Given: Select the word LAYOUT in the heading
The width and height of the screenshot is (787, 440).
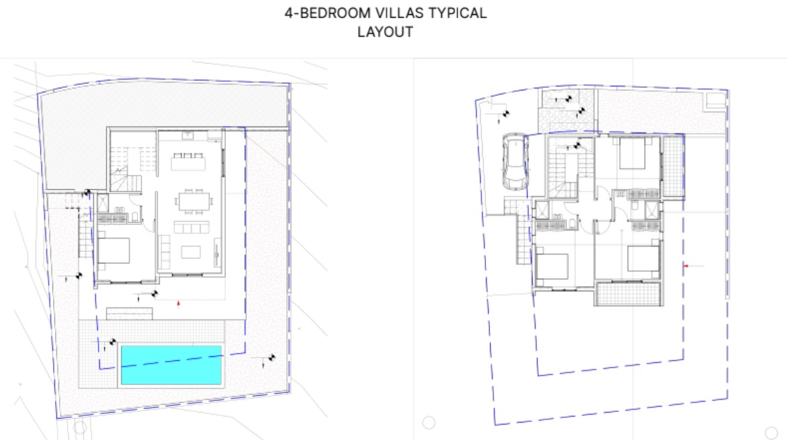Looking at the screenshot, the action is pyautogui.click(x=385, y=32).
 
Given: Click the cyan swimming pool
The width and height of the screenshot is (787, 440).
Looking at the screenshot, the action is pyautogui.click(x=171, y=365).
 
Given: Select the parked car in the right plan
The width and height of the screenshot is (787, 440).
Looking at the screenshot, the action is pyautogui.click(x=515, y=161).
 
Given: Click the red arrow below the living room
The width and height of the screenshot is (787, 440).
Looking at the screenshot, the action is pyautogui.click(x=178, y=303).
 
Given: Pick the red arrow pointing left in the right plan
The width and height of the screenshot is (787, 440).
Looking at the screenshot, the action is pyautogui.click(x=686, y=266).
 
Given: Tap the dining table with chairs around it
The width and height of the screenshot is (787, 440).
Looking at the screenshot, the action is pyautogui.click(x=194, y=202).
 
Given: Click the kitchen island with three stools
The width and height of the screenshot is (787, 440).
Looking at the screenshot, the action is pyautogui.click(x=188, y=161).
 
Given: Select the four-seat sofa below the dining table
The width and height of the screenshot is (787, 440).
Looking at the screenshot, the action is pyautogui.click(x=191, y=227).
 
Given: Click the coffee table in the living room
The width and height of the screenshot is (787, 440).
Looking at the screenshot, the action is pyautogui.click(x=191, y=251).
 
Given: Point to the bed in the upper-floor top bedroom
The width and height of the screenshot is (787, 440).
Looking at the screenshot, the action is pyautogui.click(x=632, y=153).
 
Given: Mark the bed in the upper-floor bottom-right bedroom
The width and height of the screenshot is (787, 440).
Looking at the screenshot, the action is pyautogui.click(x=644, y=259).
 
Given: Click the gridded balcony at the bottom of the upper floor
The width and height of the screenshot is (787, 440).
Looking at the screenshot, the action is pyautogui.click(x=628, y=294).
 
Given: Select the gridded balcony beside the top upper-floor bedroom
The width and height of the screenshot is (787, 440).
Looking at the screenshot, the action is pyautogui.click(x=673, y=167).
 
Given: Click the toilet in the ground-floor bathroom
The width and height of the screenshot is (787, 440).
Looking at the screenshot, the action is pyautogui.click(x=135, y=217).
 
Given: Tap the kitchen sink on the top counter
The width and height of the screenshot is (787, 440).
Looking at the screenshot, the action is pyautogui.click(x=187, y=135).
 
